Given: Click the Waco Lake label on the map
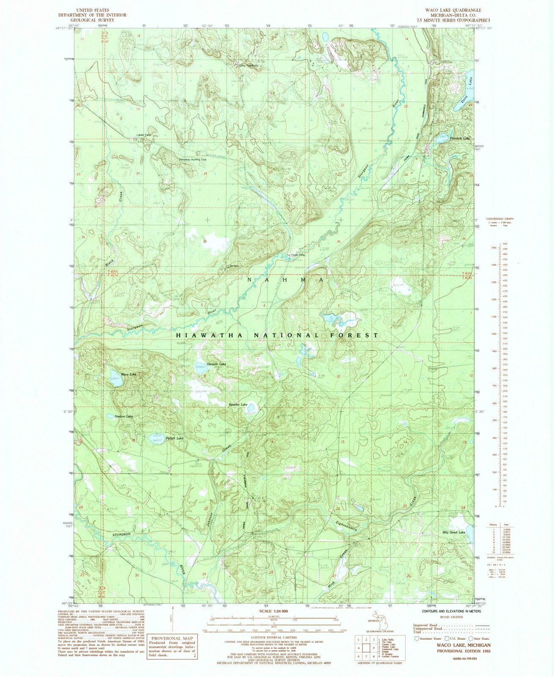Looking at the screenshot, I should coord(129,374).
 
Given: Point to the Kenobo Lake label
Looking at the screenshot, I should coord(238,405).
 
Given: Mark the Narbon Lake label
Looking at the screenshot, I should coord(124,416).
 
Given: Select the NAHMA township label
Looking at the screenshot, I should coord(286,280).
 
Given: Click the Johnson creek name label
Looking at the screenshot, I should coord(210,517).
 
